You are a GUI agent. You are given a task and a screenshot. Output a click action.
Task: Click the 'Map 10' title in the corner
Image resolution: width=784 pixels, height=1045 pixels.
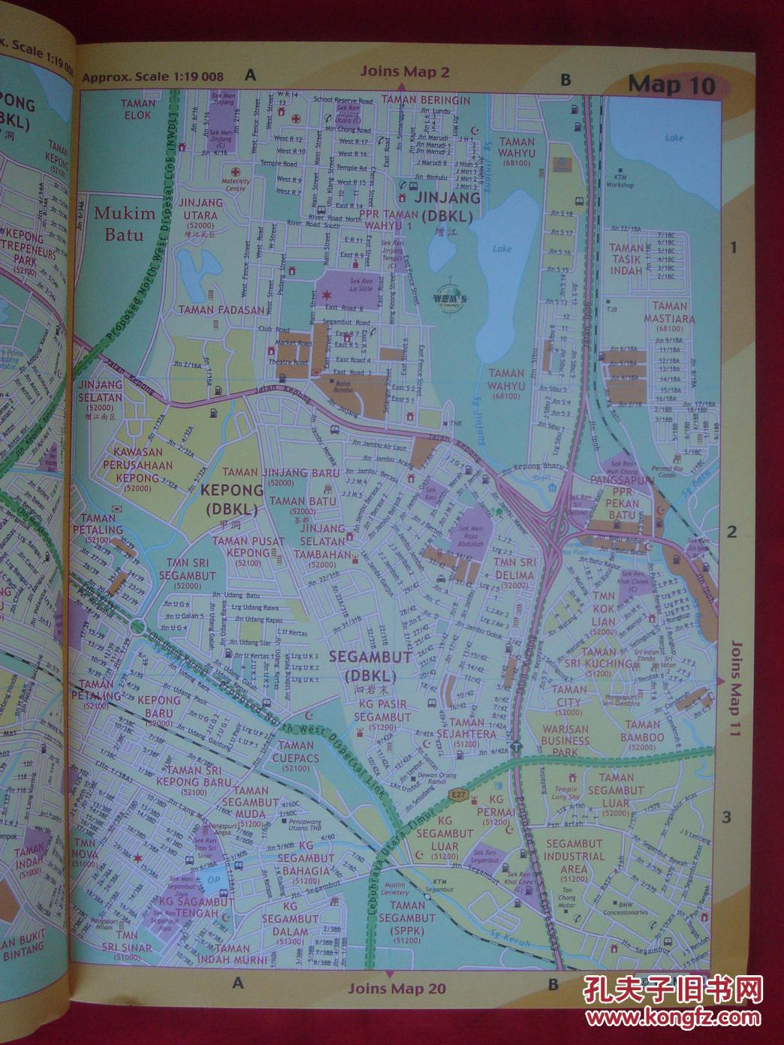point(671,84)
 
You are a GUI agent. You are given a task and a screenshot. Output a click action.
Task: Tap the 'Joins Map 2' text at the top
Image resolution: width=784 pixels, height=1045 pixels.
point(404,72)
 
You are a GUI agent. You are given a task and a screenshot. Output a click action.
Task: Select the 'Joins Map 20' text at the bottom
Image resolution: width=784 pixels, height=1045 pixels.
point(397,988)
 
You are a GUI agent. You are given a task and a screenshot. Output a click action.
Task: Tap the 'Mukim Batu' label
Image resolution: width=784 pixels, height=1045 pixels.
point(124,223)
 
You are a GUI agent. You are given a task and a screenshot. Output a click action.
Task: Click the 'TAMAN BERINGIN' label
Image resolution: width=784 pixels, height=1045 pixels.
point(425,100)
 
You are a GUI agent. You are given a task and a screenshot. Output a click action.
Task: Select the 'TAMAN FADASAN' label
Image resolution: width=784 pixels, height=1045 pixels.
point(222,309)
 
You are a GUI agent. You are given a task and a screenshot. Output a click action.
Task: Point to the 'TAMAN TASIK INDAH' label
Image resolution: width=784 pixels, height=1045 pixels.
point(626,259)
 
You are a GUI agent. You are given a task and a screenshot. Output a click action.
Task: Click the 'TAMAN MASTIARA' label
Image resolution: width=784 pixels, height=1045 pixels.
point(669,312)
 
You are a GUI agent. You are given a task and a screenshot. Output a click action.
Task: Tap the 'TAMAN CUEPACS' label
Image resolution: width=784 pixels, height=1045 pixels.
point(296,751)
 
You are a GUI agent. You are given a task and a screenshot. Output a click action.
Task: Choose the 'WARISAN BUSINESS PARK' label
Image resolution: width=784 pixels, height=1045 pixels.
point(565,740)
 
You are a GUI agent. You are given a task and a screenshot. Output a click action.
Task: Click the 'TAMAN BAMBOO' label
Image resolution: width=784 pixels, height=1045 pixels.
point(643,731)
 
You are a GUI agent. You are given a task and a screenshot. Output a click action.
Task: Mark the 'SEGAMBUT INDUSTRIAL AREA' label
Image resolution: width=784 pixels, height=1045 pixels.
point(574,856)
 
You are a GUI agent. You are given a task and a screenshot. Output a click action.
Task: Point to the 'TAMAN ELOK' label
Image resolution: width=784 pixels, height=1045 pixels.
point(137,110)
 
